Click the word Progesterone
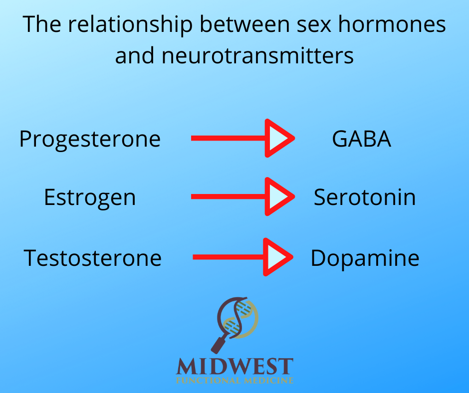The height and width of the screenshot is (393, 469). click(90, 140)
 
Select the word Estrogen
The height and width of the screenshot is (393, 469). click(90, 197)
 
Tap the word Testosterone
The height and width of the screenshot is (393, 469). click(93, 258)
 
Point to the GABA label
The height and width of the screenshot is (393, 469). click(362, 139)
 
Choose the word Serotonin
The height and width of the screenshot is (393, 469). click(365, 197)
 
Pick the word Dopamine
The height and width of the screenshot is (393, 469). click(365, 258)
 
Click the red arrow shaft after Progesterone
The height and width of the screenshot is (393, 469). click(228, 138)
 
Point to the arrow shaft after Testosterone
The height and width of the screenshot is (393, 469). click(228, 257)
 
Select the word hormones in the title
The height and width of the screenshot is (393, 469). click(392, 24)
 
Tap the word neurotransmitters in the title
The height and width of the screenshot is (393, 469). click(257, 56)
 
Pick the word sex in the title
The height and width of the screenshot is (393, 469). click(314, 25)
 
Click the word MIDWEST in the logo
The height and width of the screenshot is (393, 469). click(234, 367)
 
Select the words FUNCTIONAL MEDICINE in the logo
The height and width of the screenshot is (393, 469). click(234, 381)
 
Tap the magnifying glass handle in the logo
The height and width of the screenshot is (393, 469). click(220, 344)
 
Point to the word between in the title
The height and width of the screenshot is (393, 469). click(244, 24)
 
